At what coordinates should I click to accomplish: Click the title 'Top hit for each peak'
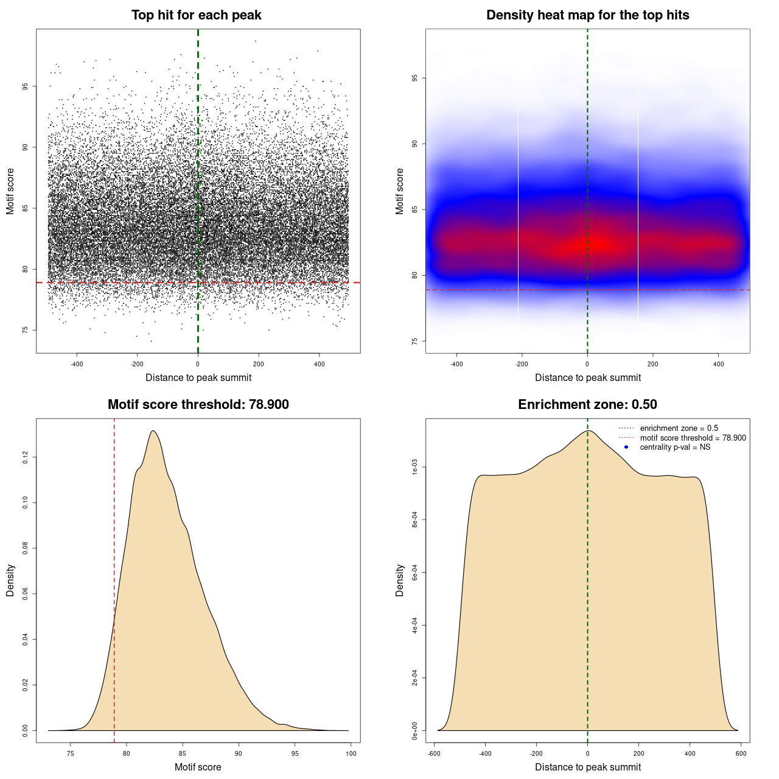[196, 15]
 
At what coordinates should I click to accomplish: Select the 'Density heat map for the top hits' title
[587, 15]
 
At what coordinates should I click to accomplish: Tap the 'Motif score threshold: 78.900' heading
[198, 405]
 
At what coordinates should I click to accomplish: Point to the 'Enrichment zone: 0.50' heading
[587, 405]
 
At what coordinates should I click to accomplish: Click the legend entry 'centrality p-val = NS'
[675, 447]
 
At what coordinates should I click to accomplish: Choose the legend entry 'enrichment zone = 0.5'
[679, 428]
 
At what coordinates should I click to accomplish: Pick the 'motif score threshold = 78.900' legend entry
[693, 438]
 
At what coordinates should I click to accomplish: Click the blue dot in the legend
[626, 447]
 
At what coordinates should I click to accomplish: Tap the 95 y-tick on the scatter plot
[26, 86]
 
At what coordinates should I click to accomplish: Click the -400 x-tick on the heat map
[456, 365]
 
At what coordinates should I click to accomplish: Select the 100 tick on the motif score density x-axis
[351, 754]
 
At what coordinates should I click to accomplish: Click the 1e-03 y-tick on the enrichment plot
[415, 467]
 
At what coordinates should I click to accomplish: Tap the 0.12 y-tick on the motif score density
[26, 457]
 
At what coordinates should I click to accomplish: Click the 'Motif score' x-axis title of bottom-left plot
[198, 767]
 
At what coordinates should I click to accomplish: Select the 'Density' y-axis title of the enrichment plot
[400, 580]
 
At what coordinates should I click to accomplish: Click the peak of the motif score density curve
[153, 431]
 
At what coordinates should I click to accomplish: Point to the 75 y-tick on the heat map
[415, 341]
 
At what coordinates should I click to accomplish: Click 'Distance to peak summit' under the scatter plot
[198, 378]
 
